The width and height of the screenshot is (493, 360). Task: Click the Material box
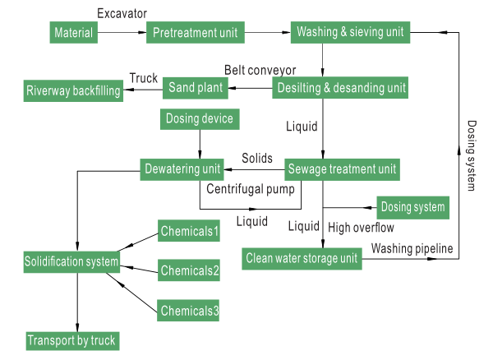click(x=72, y=33)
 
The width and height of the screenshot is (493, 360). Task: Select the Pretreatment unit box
click(x=195, y=33)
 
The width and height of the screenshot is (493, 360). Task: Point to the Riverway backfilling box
click(x=72, y=90)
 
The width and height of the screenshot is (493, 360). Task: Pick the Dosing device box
click(x=200, y=119)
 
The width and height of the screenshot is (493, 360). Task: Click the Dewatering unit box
click(x=182, y=169)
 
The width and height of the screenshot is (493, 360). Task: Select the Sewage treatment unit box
click(x=342, y=170)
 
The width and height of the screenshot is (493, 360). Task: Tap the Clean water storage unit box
click(x=302, y=260)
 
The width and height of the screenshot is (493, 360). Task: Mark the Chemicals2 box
click(x=189, y=270)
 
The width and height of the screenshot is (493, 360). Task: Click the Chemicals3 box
click(x=189, y=311)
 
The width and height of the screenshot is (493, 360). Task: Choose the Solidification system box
click(x=71, y=263)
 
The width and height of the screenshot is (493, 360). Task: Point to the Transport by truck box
click(x=71, y=340)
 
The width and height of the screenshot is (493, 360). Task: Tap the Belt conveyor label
click(x=260, y=69)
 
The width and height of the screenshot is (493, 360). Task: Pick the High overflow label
click(x=361, y=227)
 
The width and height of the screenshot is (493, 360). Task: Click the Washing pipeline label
click(x=412, y=247)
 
